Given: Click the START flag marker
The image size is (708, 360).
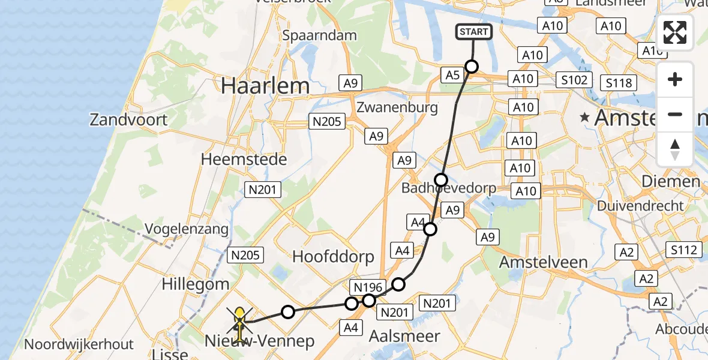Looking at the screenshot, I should coord(475,32).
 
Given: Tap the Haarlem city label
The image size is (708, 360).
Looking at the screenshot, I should coord(265,86).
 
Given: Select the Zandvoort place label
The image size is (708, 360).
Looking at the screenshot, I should coord(128,119).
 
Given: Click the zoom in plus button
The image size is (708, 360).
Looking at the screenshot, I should coord(675,79).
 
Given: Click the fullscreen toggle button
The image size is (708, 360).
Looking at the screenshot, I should coord(675,32).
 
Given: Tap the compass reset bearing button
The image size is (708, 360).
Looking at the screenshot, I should coord(675,149).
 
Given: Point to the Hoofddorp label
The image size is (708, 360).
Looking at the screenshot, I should coord(333,257).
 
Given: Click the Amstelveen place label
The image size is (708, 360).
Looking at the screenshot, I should coord(544,262).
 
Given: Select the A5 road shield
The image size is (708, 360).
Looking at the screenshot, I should coord(453,74).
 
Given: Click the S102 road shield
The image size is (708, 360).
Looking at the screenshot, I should coord(574,80).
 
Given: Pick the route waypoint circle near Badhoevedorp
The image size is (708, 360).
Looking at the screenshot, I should coord(441,179).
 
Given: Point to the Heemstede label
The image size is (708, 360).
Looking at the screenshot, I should coord(244,160).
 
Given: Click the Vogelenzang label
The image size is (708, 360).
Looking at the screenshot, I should coord(187,229).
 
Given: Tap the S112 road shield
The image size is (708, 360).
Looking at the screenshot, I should coord(685,250).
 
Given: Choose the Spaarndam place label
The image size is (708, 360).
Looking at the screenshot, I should coord(320,35).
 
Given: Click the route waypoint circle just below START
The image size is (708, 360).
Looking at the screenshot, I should coord(472,67).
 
